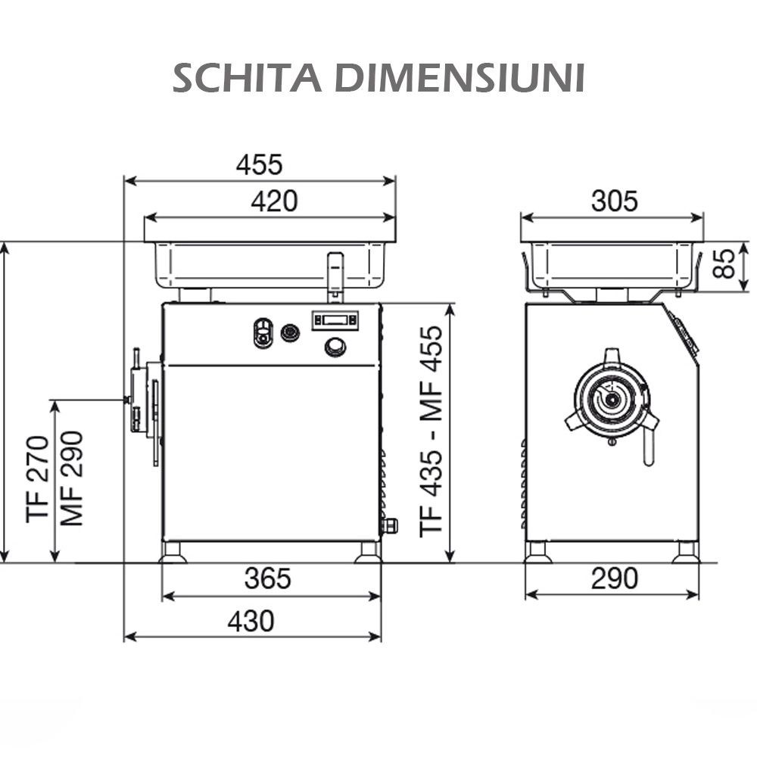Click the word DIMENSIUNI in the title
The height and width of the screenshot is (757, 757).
tap(459, 78)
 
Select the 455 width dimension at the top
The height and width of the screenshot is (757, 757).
tap(259, 164)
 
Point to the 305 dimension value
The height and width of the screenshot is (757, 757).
tap(614, 201)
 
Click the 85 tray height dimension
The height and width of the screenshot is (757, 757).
tap(726, 263)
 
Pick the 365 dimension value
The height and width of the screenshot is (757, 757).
tap(268, 579)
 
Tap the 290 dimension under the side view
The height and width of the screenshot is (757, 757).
tap(614, 579)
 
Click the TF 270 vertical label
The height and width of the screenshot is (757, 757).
tap(39, 478)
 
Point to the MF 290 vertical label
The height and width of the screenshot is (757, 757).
tap(72, 478)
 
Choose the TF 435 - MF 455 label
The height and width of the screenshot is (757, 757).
tap(431, 431)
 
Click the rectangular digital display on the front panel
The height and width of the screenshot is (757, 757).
tap(335, 320)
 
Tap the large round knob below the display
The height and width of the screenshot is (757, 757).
tap(335, 347)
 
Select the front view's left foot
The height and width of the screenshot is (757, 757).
tap(173, 553)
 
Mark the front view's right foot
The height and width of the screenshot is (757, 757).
tap(369, 553)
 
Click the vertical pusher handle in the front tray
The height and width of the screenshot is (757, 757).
tap(334, 276)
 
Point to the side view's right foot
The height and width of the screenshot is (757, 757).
tap(686, 553)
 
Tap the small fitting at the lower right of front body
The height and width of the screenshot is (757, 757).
tap(391, 525)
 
